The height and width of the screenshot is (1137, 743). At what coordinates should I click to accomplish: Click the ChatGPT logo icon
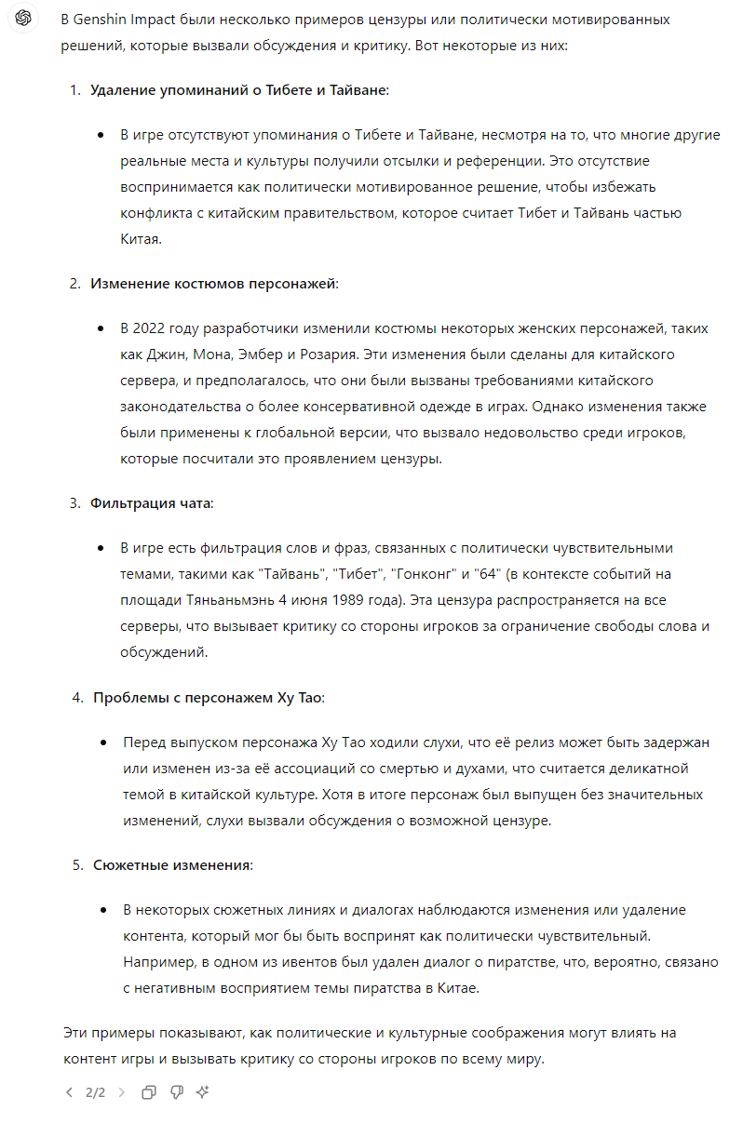(24, 20)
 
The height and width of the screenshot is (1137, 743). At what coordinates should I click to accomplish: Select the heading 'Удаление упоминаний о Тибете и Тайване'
(238, 90)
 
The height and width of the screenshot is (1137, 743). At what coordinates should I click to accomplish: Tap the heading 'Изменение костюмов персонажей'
(213, 283)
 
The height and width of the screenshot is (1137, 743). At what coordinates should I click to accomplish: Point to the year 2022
(152, 328)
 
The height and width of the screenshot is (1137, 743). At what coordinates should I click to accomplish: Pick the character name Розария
(329, 354)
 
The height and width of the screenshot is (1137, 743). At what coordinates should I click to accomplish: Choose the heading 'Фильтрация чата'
(151, 503)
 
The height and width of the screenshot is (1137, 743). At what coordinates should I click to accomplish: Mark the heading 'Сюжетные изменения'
(172, 865)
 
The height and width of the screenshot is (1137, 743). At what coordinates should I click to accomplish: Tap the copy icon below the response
(149, 1092)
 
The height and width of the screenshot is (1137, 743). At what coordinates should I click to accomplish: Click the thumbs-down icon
(176, 1092)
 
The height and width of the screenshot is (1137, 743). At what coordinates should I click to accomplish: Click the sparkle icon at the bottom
(202, 1092)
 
